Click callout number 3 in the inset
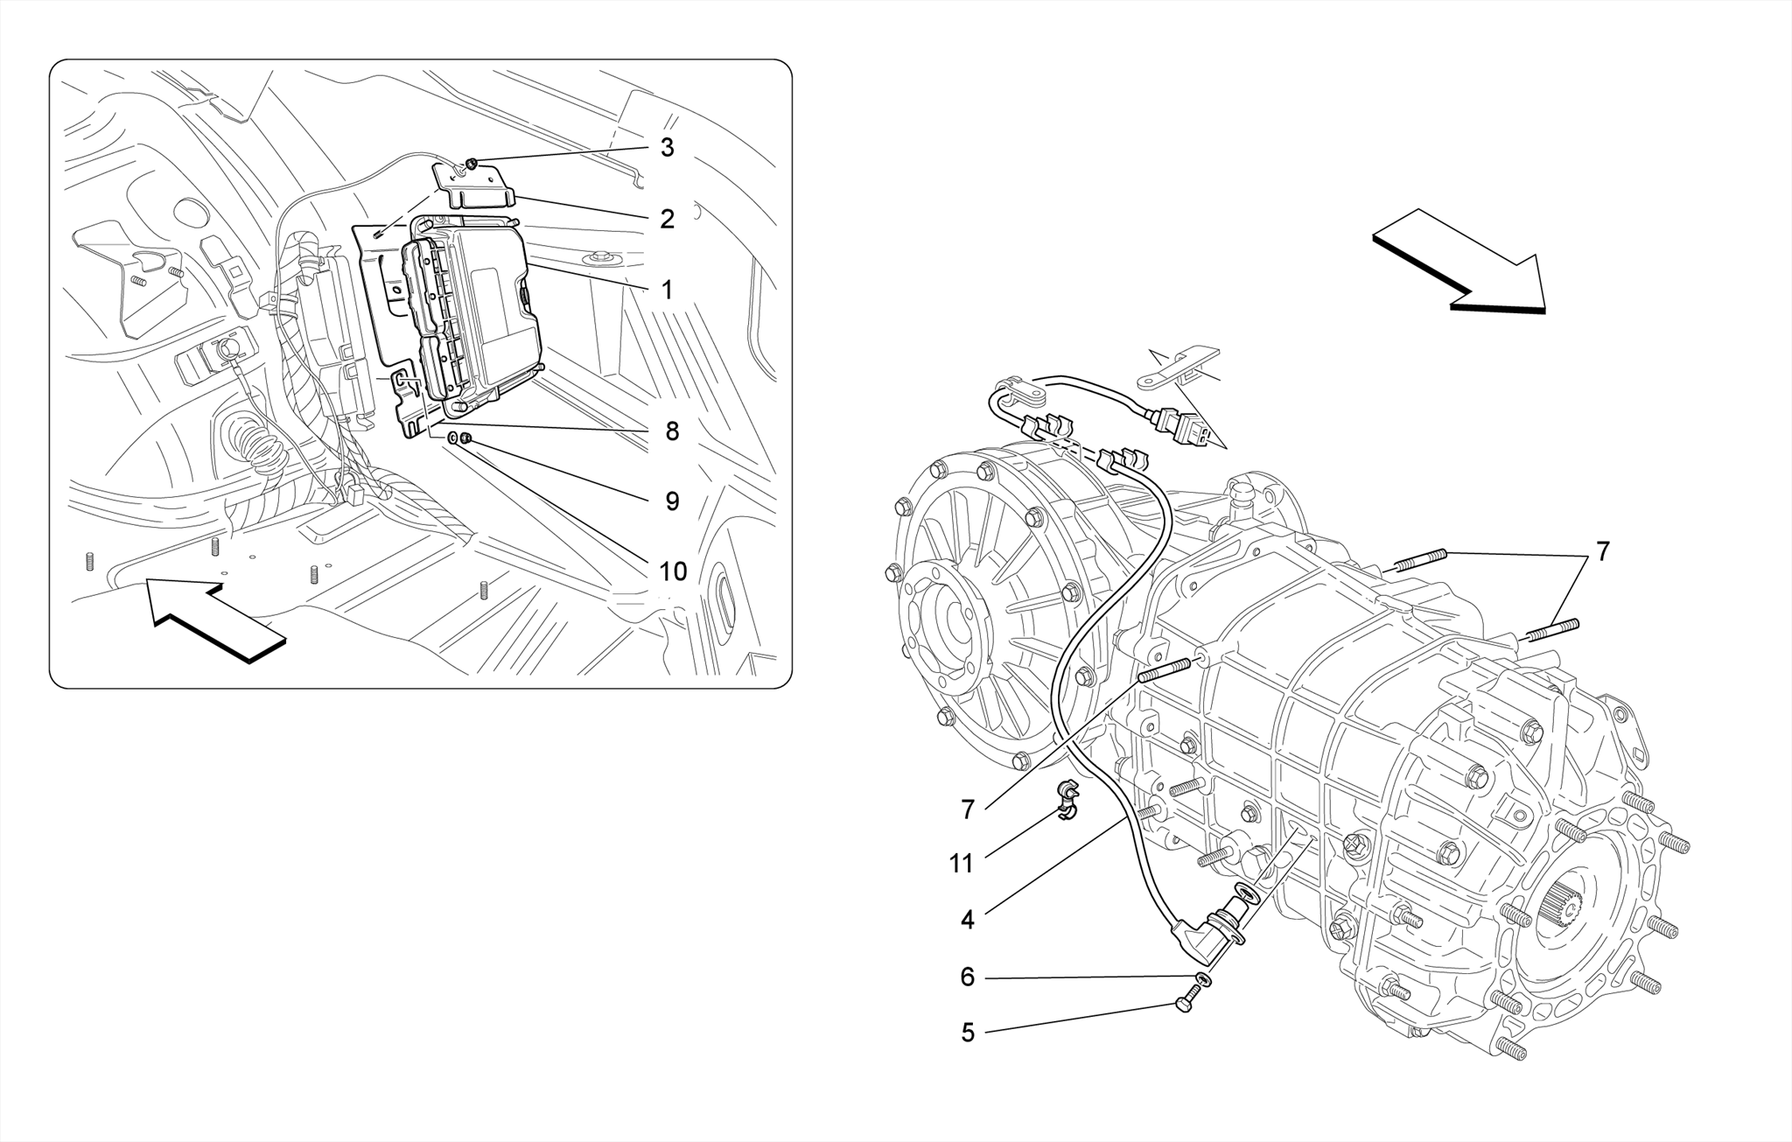point(667,148)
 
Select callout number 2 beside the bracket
point(667,220)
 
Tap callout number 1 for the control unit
point(667,290)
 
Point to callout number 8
point(671,431)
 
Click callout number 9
point(671,501)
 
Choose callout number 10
point(672,571)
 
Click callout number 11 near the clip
point(961,864)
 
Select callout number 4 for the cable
point(967,920)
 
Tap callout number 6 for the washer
point(967,977)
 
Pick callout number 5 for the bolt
point(967,1033)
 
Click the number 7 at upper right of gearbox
point(1602,552)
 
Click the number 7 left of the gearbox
point(967,810)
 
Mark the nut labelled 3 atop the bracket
point(471,163)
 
